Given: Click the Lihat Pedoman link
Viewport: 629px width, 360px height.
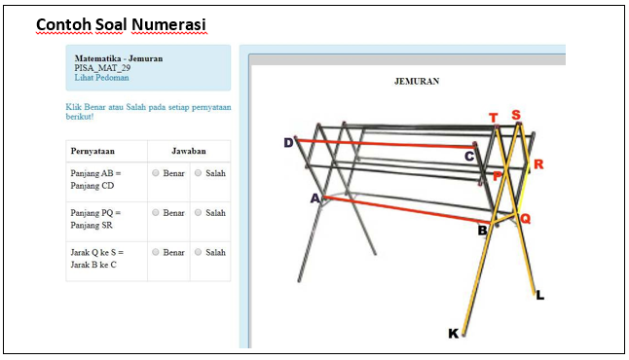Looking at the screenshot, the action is (101, 78).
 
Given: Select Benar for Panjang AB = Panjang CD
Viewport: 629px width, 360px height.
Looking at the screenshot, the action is (156, 173).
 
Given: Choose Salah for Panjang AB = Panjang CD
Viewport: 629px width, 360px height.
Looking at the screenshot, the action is (199, 173).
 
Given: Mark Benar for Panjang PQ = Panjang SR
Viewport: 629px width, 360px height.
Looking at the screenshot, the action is (156, 212).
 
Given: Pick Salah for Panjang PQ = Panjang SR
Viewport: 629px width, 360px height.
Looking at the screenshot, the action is (199, 212).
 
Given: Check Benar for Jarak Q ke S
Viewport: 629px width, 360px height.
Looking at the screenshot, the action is (156, 252).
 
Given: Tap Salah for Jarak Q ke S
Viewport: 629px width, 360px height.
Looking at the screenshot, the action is (199, 252).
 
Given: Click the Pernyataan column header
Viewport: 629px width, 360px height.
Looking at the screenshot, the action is (92, 151).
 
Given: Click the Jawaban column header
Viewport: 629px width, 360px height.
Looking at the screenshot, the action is (189, 151).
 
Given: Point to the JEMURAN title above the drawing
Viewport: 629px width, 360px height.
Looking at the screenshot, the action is (417, 82).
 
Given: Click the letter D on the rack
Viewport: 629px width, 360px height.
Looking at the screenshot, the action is (288, 143).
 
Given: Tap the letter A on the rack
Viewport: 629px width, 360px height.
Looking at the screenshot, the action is (315, 198).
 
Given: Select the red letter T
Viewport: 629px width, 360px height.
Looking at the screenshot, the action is (494, 118).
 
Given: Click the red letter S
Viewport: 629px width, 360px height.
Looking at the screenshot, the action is (516, 115).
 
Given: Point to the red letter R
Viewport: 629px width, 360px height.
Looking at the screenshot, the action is (538, 164).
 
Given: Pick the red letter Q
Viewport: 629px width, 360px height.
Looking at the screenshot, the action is (526, 219).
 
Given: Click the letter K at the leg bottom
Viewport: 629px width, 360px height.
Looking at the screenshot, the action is (454, 334).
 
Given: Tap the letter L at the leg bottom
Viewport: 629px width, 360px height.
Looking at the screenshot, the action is (540, 296).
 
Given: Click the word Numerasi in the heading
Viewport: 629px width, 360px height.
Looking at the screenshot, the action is (168, 24).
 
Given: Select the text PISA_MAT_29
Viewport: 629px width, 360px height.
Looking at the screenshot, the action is (102, 68).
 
